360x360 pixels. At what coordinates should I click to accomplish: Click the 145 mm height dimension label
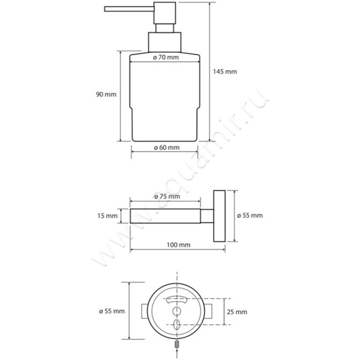pyautogui.click(x=225, y=72)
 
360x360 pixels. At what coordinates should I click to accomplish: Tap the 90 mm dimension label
pyautogui.click(x=106, y=94)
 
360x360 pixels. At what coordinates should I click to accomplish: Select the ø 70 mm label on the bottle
pyautogui.click(x=166, y=57)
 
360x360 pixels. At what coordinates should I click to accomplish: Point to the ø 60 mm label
pyautogui.click(x=166, y=148)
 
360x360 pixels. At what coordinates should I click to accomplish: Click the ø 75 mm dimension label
pyautogui.click(x=167, y=197)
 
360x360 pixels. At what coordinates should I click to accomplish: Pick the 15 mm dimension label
pyautogui.click(x=108, y=216)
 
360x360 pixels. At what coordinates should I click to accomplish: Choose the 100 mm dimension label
pyautogui.click(x=179, y=245)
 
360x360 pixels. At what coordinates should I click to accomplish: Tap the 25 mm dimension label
pyautogui.click(x=237, y=312)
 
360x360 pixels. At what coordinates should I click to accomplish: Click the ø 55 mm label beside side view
pyautogui.click(x=250, y=216)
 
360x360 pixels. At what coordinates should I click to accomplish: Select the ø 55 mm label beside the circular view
pyautogui.click(x=112, y=311)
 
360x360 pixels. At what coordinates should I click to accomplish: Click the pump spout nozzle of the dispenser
pyautogui.click(x=129, y=9)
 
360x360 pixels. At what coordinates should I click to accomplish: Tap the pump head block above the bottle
pyautogui.click(x=165, y=13)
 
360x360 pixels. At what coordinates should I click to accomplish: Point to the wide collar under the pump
pyautogui.click(x=165, y=42)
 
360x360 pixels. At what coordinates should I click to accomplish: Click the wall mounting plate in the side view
pyautogui.click(x=220, y=216)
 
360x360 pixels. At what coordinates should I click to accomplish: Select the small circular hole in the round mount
pyautogui.click(x=177, y=311)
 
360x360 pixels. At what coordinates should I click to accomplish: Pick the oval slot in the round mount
pyautogui.click(x=177, y=324)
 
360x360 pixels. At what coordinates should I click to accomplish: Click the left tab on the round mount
pyautogui.click(x=144, y=311)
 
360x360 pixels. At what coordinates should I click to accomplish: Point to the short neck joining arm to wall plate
pyautogui.click(x=207, y=216)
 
